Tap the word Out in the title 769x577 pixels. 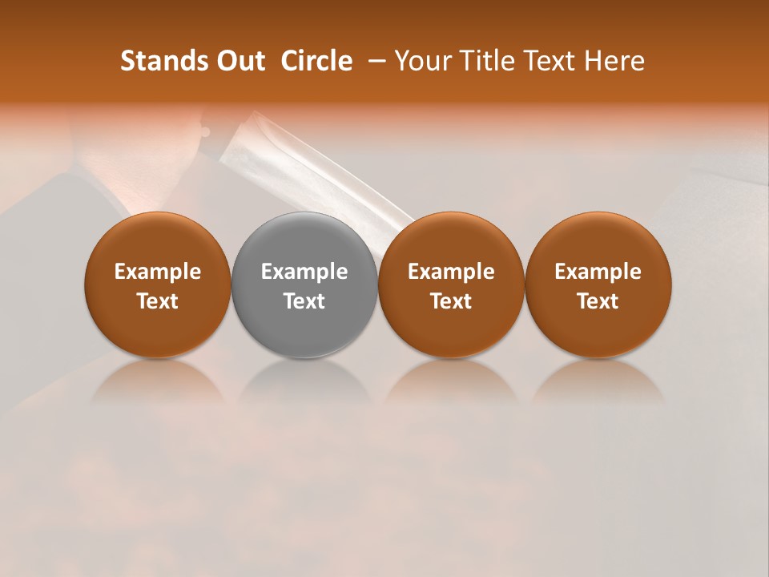click(x=238, y=61)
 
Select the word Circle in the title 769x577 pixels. click(x=316, y=61)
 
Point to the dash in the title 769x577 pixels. click(x=373, y=61)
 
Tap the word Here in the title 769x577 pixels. click(x=614, y=61)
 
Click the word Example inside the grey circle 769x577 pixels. click(x=304, y=272)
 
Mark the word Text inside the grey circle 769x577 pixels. click(x=304, y=301)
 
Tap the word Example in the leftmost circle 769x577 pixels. click(x=158, y=272)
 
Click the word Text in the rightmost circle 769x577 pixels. click(x=598, y=301)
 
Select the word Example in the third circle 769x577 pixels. click(x=451, y=272)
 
